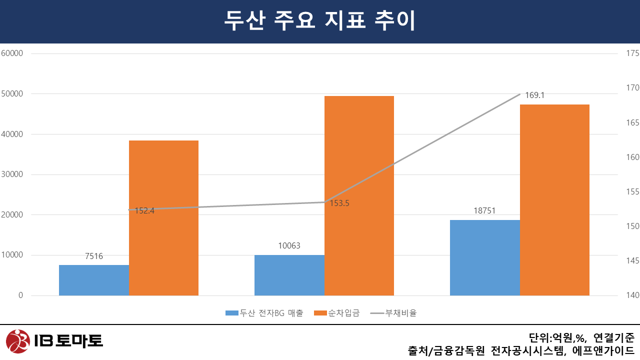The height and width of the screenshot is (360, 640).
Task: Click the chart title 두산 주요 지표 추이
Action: tap(320, 21)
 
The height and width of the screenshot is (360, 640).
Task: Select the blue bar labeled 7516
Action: tap(94, 280)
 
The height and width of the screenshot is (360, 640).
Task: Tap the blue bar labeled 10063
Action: tap(289, 275)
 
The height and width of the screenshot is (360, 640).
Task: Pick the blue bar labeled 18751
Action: tap(485, 257)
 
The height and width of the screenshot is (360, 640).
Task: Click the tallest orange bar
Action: tap(359, 195)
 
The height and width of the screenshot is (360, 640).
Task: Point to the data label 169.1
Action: tap(534, 95)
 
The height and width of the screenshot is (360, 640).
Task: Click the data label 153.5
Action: tap(339, 203)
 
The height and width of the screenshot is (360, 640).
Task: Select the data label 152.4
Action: tap(144, 211)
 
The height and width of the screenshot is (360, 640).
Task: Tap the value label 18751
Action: tap(484, 211)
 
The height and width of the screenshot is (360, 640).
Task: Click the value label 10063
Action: tap(289, 246)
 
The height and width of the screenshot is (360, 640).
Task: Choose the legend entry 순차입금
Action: tap(343, 313)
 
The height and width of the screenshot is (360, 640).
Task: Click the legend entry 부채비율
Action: tap(400, 313)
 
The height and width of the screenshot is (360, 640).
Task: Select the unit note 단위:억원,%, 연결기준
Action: tap(581, 337)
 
